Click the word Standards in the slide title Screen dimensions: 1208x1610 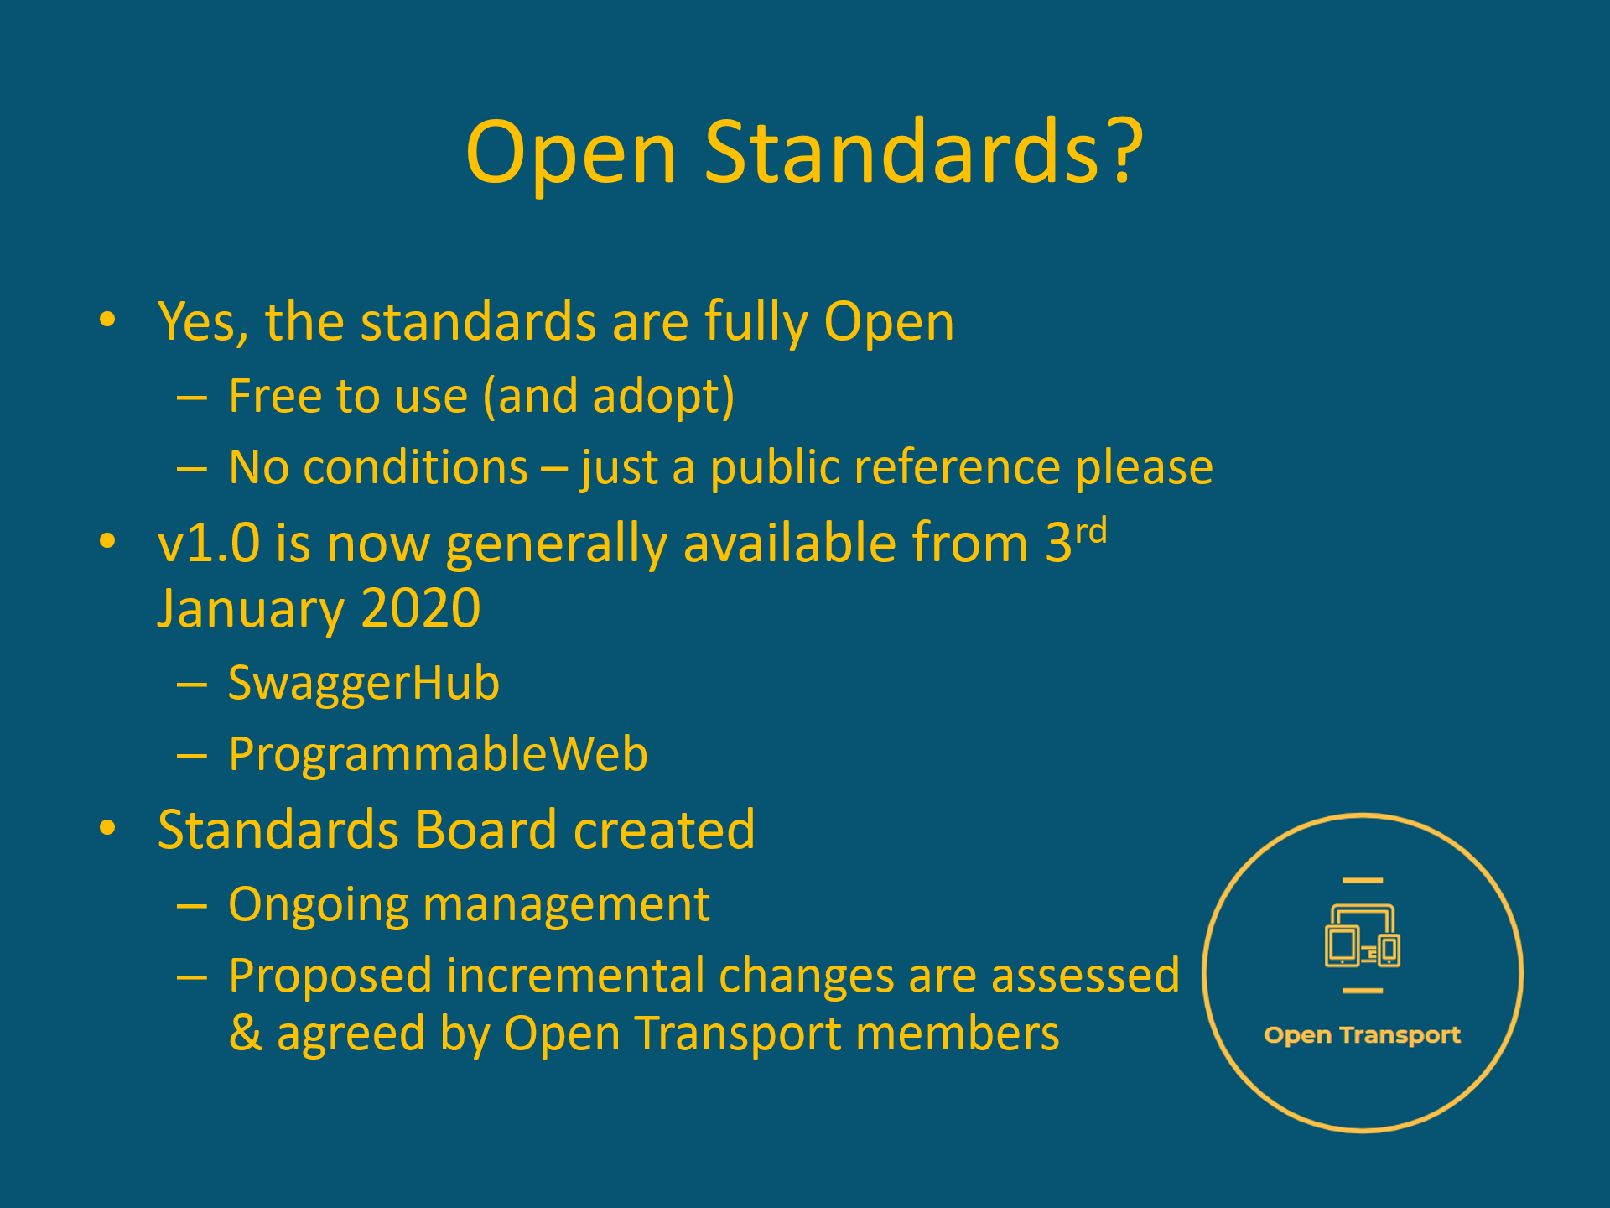[901, 153]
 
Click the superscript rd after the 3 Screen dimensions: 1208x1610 [1091, 532]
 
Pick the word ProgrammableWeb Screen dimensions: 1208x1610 [438, 754]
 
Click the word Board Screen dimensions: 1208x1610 [486, 830]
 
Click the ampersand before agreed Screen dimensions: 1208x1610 [245, 1034]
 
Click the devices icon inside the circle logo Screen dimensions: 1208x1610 [1363, 936]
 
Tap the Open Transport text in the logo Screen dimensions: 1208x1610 [1362, 1035]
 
